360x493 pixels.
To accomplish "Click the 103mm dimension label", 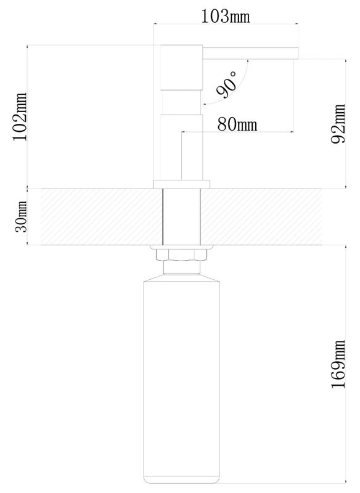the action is [225, 16].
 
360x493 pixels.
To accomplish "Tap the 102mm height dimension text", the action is [20, 116].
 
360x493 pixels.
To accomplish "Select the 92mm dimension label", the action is [338, 124].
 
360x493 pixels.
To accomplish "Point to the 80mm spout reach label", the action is [237, 124].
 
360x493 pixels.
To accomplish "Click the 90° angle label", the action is [227, 84].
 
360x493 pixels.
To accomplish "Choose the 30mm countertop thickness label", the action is [22, 217].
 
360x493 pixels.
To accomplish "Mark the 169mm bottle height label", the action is [338, 364].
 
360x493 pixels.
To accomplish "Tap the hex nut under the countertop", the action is [181, 255].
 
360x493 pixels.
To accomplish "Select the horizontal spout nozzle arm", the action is [250, 53].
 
